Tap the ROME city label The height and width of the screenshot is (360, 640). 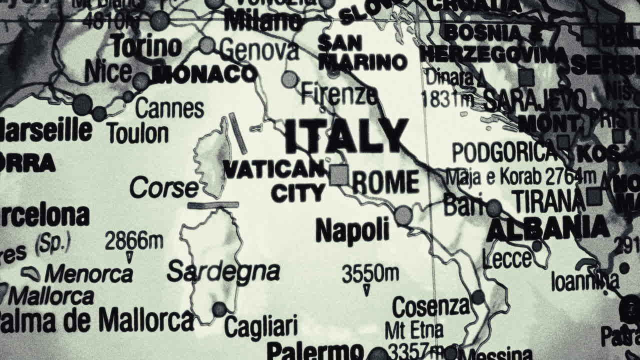pyautogui.click(x=386, y=182)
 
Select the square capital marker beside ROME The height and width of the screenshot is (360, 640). pyautogui.click(x=339, y=175)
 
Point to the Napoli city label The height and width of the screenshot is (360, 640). pyautogui.click(x=352, y=230)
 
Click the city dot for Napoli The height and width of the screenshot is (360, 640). pyautogui.click(x=403, y=215)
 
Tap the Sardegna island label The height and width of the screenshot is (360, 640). pyautogui.click(x=223, y=271)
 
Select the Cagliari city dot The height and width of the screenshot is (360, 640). pyautogui.click(x=219, y=309)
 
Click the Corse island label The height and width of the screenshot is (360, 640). pyautogui.click(x=164, y=188)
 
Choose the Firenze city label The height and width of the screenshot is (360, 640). pyautogui.click(x=339, y=94)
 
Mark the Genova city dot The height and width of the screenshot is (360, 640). pyautogui.click(x=206, y=45)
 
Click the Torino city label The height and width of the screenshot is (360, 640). pyautogui.click(x=146, y=46)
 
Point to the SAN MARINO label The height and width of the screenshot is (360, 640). pyautogui.click(x=362, y=52)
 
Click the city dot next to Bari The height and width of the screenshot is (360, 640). pyautogui.click(x=494, y=207)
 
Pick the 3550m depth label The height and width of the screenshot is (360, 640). pyautogui.click(x=370, y=273)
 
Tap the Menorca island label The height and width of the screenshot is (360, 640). pyautogui.click(x=88, y=274)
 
